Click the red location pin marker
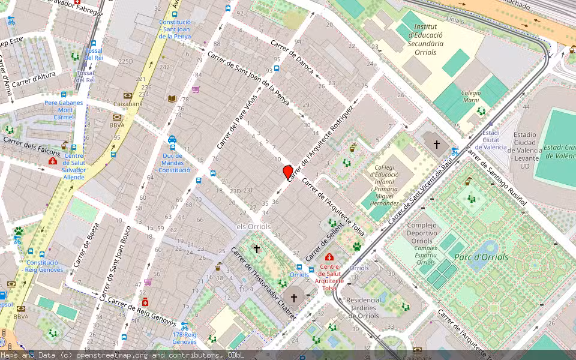[288, 172]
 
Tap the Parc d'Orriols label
[481, 257]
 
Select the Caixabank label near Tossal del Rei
[128, 104]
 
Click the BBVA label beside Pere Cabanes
[117, 125]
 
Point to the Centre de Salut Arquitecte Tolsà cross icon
[329, 257]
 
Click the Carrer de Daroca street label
[292, 57]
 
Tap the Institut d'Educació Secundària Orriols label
[421, 40]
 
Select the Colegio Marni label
[471, 97]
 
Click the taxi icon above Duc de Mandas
[172, 139]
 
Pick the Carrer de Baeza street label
[86, 248]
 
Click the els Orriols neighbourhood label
[254, 226]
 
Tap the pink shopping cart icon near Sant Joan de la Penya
[196, 89]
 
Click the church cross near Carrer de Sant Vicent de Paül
[437, 145]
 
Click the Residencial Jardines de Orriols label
[364, 307]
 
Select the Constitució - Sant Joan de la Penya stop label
[175, 29]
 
